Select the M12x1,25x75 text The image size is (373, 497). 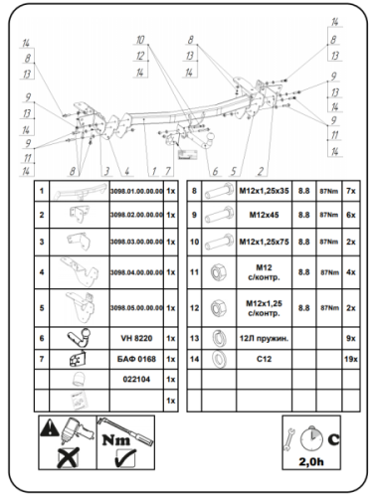pyautogui.click(x=264, y=241)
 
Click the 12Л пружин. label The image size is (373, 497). pyautogui.click(x=264, y=339)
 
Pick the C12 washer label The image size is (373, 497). pyautogui.click(x=264, y=357)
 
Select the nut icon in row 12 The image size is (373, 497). pyautogui.click(x=215, y=307)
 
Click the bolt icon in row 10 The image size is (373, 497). pyautogui.click(x=215, y=241)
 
